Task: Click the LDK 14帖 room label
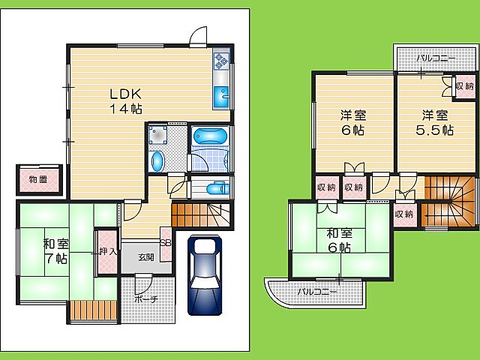126,101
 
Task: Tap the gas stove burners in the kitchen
221,61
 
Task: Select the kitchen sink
221,95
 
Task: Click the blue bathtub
211,136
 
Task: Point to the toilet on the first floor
217,188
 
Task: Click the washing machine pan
158,134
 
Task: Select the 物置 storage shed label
38,179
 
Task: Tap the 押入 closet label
108,251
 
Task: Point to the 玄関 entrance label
146,257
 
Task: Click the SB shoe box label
166,243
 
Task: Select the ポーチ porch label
146,298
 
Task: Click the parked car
205,275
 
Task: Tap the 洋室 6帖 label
353,123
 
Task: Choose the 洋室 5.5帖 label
435,123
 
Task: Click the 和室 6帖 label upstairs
340,241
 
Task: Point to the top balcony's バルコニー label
436,58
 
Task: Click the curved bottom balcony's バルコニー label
318,292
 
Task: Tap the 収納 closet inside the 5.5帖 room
465,86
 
